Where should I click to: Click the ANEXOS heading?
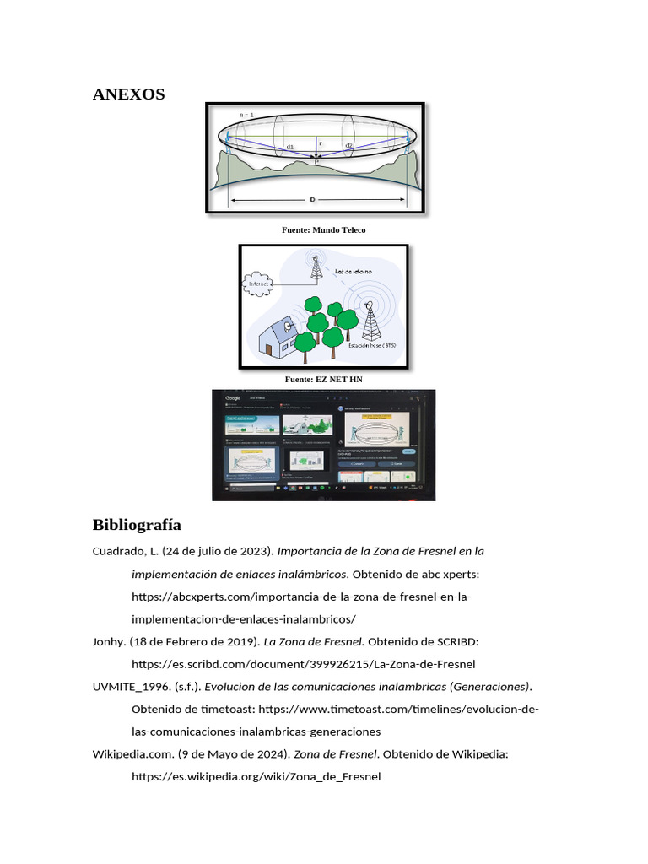coord(128,94)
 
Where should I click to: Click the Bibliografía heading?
coord(137,525)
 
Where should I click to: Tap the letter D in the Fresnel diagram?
coord(313,199)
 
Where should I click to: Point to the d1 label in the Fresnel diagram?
coord(289,147)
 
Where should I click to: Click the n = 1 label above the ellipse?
coord(246,115)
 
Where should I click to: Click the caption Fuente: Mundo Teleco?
coord(323,229)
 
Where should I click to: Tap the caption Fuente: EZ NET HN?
coord(323,380)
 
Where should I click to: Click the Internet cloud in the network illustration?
coord(260,284)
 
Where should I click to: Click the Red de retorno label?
coord(356,272)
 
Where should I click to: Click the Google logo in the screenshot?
coord(233,397)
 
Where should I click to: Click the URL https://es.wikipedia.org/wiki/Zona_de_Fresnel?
coord(256,776)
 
